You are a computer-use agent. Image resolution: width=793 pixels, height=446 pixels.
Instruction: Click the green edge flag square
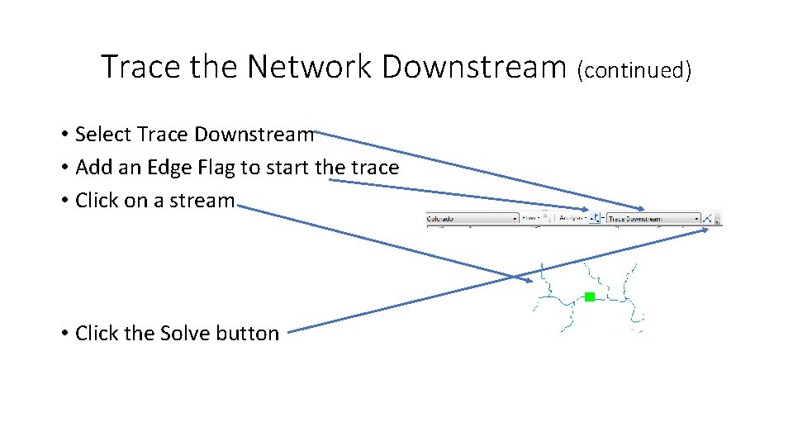589,297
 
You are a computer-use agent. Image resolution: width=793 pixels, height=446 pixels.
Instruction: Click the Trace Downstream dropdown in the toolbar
653,219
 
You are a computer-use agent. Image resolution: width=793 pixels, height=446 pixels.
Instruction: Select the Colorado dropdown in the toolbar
472,219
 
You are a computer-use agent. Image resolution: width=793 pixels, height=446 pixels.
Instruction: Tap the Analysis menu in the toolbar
572,219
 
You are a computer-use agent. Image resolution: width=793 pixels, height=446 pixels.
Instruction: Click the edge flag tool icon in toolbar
596,219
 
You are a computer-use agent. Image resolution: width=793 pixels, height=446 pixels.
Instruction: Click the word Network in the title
311,66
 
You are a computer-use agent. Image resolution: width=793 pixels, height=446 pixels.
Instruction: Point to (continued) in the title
634,71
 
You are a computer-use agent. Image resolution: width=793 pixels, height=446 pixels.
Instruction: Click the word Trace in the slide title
141,66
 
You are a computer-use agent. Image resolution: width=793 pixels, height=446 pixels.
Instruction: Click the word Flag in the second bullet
216,168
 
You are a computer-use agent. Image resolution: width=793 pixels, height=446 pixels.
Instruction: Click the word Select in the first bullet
100,134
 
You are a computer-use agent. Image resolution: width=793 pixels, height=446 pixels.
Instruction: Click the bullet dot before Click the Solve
64,334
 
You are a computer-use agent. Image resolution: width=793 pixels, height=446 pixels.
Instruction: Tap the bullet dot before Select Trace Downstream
64,135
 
